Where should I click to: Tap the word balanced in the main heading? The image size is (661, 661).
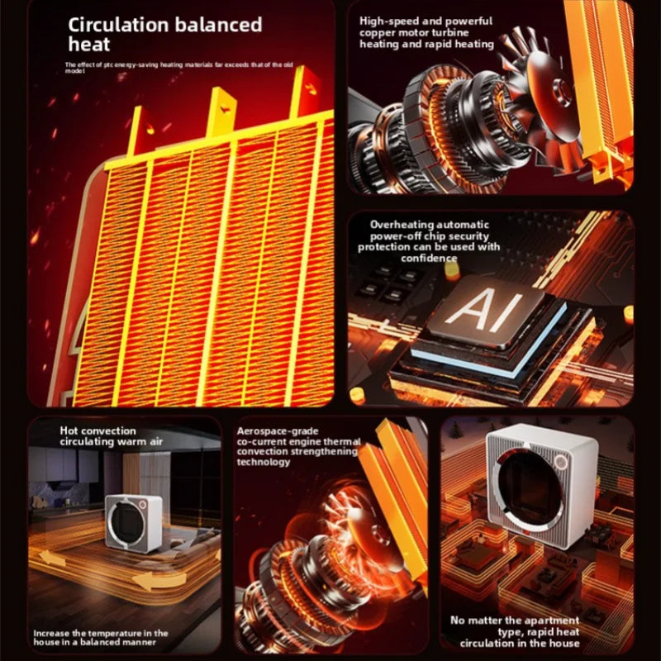click(219, 25)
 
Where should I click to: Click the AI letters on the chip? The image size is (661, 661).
click(483, 311)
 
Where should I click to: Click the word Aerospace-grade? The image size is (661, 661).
click(278, 431)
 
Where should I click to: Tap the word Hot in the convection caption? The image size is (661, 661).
click(69, 430)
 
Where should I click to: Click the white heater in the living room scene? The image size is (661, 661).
click(133, 523)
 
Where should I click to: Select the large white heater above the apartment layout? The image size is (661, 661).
click(543, 484)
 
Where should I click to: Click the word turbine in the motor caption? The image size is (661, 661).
click(450, 33)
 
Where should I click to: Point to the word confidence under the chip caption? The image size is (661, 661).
click(429, 258)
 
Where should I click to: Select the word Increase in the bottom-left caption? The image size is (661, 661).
click(50, 633)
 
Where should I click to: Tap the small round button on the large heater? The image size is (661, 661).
click(561, 462)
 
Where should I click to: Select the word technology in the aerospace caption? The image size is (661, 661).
click(264, 462)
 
